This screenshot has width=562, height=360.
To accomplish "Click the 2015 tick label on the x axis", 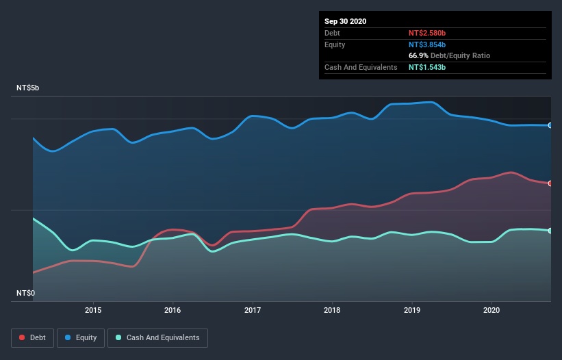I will click(x=93, y=309).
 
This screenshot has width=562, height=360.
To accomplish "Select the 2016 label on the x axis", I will click(x=173, y=309).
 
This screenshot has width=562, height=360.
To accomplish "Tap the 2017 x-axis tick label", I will click(x=253, y=309).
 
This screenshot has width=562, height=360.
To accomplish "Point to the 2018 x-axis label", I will click(x=332, y=309).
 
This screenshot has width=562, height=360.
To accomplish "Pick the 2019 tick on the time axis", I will click(x=412, y=309).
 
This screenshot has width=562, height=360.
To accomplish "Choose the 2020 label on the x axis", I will click(x=491, y=309).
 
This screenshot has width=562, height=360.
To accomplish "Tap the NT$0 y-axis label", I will click(x=25, y=293).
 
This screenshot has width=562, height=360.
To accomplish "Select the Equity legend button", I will click(x=81, y=337).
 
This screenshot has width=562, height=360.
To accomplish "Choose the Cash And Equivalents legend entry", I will click(x=157, y=337).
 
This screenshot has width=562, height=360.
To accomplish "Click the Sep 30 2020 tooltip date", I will click(x=345, y=21).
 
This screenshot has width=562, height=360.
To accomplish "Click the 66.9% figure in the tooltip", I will click(x=417, y=55).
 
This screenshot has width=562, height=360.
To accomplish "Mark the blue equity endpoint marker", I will click(x=550, y=125).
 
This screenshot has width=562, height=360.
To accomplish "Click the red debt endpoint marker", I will click(x=550, y=183).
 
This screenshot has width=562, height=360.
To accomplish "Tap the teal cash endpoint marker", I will click(x=550, y=231).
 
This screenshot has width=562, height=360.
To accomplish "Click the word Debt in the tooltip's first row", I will click(x=333, y=33).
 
